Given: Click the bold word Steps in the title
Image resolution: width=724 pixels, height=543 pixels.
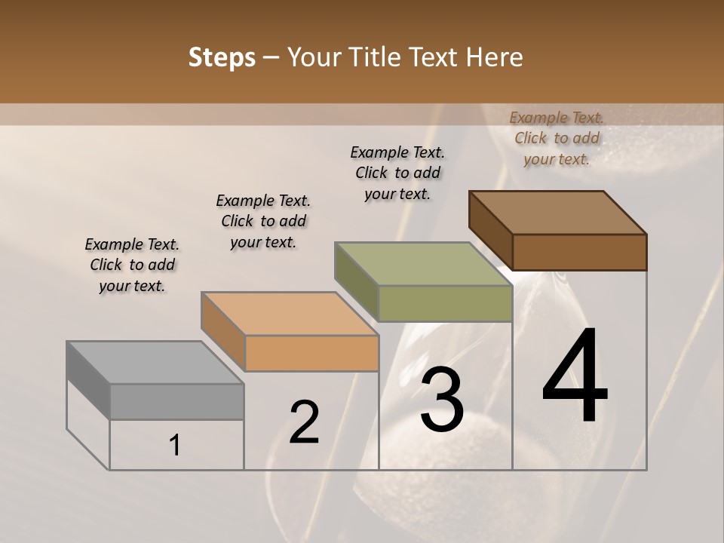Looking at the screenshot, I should click(x=222, y=57).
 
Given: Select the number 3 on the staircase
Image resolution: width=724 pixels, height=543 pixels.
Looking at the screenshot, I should click(x=442, y=399).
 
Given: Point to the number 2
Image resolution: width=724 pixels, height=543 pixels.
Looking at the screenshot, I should click(x=305, y=422).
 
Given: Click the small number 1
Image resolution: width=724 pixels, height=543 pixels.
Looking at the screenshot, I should click(x=174, y=446).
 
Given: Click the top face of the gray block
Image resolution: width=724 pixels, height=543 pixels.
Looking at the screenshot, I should click(x=155, y=363).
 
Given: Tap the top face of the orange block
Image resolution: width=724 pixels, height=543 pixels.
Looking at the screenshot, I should click(x=289, y=313).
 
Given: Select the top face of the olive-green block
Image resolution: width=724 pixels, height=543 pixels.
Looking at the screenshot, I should click(x=423, y=264).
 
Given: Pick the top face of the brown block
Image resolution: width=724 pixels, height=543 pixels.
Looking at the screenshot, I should click(x=557, y=213).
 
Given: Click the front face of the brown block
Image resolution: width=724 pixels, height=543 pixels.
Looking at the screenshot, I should click(x=579, y=252).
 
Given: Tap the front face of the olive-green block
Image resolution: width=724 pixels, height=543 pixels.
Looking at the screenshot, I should click(x=445, y=303).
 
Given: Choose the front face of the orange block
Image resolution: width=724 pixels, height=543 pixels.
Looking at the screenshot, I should click(x=311, y=353).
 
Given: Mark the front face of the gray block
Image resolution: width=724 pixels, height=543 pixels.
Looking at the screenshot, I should click(x=176, y=401).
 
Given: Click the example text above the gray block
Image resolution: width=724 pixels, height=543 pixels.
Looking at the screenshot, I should click(x=132, y=265).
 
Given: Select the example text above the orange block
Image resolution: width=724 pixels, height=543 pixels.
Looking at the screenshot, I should click(x=263, y=221).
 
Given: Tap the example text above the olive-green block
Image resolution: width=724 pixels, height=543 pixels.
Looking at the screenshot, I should click(x=397, y=173).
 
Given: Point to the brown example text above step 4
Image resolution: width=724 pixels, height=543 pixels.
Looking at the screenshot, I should click(x=557, y=138).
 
